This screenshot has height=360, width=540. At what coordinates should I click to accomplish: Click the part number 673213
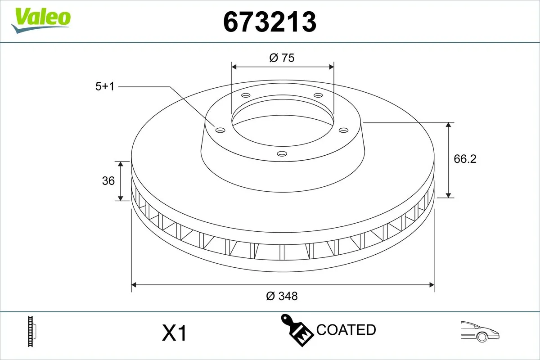coord(270,22)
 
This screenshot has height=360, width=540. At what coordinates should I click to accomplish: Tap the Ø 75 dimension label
coord(282,58)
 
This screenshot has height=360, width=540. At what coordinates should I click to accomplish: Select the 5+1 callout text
coord(105,86)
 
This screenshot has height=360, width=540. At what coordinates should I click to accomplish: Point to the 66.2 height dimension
coord(465,159)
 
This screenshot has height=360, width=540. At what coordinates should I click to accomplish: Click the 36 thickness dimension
coord(108,181)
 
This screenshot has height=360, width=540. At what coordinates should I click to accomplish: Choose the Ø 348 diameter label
coord(282,296)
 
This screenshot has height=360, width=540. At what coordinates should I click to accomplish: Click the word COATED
coord(346,330)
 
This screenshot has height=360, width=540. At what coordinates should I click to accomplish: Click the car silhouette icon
coord(480,332)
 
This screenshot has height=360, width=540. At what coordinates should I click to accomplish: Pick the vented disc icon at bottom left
coord(31,332)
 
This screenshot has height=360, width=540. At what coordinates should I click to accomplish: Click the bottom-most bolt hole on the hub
coord(282,154)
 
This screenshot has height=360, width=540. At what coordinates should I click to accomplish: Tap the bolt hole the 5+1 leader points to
coord(220,130)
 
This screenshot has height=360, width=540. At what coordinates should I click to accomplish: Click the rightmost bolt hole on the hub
coord(344,130)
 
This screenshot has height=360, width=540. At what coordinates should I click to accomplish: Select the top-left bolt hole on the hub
coord(246,95)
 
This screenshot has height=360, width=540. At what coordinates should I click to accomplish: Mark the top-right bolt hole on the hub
coord(318,95)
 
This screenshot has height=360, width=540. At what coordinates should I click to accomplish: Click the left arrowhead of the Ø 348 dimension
coord(134,285)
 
